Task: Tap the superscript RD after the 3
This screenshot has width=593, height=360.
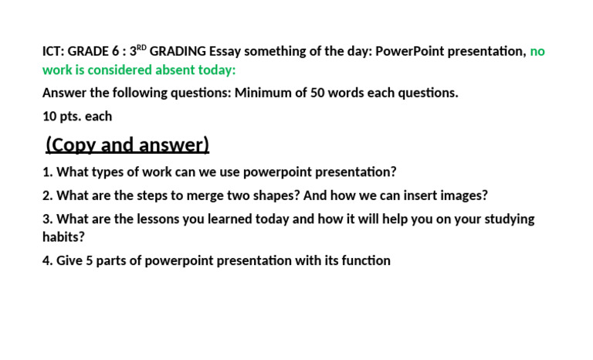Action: pyautogui.click(x=141, y=48)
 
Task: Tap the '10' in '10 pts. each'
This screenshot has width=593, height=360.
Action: pyautogui.click(x=49, y=117)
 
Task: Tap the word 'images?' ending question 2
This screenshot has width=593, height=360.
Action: pyautogui.click(x=463, y=196)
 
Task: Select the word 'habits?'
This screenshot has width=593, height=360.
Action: pyautogui.click(x=64, y=237)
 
